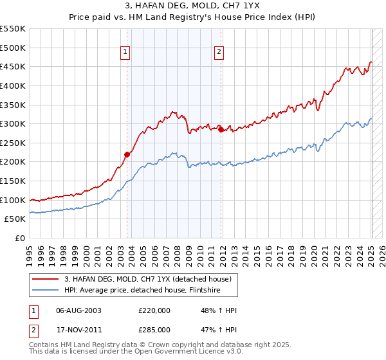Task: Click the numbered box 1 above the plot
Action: tap(125, 53)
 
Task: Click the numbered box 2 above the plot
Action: tap(219, 53)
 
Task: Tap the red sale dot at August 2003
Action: tap(127, 154)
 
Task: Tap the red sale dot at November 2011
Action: tap(221, 130)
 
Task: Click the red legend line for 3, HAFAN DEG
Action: tap(45, 278)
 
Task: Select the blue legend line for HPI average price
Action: tap(45, 289)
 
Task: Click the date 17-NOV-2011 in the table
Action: tap(78, 330)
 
